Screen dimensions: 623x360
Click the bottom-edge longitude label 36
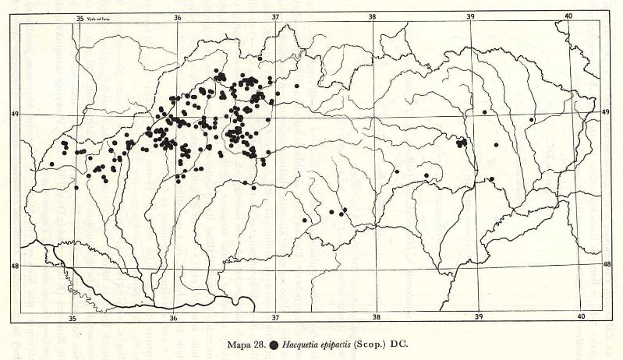pos(174,318)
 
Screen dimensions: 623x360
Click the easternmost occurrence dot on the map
pos(532,119)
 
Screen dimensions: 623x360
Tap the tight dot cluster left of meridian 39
pos(462,142)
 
